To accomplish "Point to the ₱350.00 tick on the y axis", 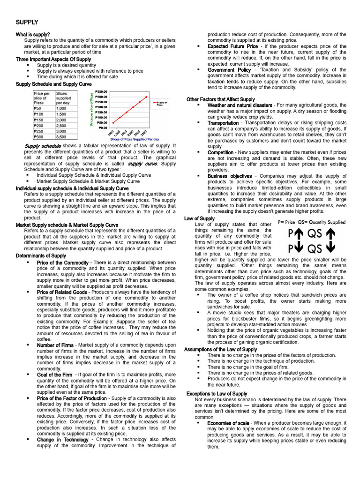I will pos(101,91).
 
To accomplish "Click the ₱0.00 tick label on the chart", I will pos(103,127).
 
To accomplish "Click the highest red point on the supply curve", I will pos(146,97).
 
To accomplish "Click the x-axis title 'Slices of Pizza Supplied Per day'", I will pos(135,139).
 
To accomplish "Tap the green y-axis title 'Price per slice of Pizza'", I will pos(92,109).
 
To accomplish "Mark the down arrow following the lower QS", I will pos(330,248).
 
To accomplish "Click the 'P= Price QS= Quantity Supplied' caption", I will pos(312,222).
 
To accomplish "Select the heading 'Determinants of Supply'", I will pos(41,256).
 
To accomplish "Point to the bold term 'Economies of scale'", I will pos(228,423).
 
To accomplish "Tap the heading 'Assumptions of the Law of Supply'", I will pos(220,350).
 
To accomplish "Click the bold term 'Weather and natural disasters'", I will pos(240,105).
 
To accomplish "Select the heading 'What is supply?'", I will pos(33,35).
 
